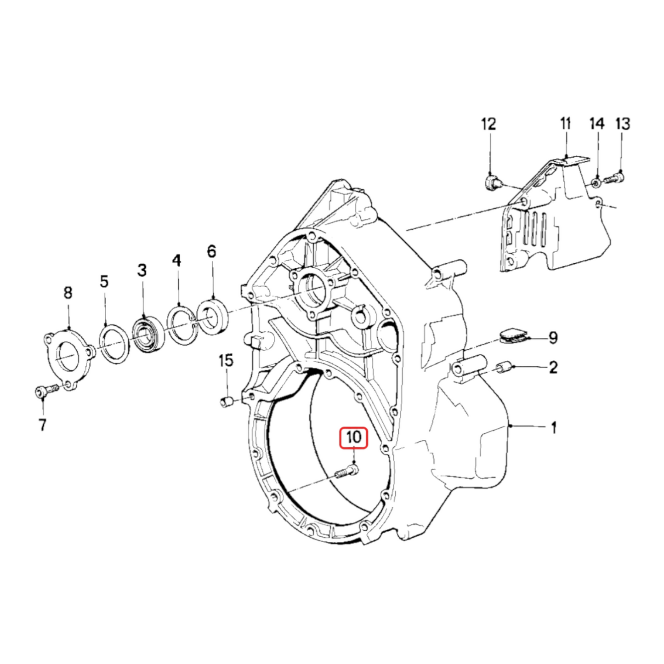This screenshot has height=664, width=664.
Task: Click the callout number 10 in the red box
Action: (353, 437)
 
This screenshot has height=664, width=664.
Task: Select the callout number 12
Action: (488, 124)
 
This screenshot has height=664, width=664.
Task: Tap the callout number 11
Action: (565, 124)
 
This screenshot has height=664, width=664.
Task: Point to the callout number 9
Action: (553, 337)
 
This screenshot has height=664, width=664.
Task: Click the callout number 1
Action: (554, 428)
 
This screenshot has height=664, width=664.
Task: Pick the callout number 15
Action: (226, 361)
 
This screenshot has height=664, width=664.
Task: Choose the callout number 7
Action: (42, 424)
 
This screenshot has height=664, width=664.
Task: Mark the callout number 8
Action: (68, 292)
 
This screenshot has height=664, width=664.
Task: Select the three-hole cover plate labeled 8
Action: (68, 357)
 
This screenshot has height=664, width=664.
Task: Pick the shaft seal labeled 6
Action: (212, 316)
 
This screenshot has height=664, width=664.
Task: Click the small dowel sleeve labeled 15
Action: (226, 402)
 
